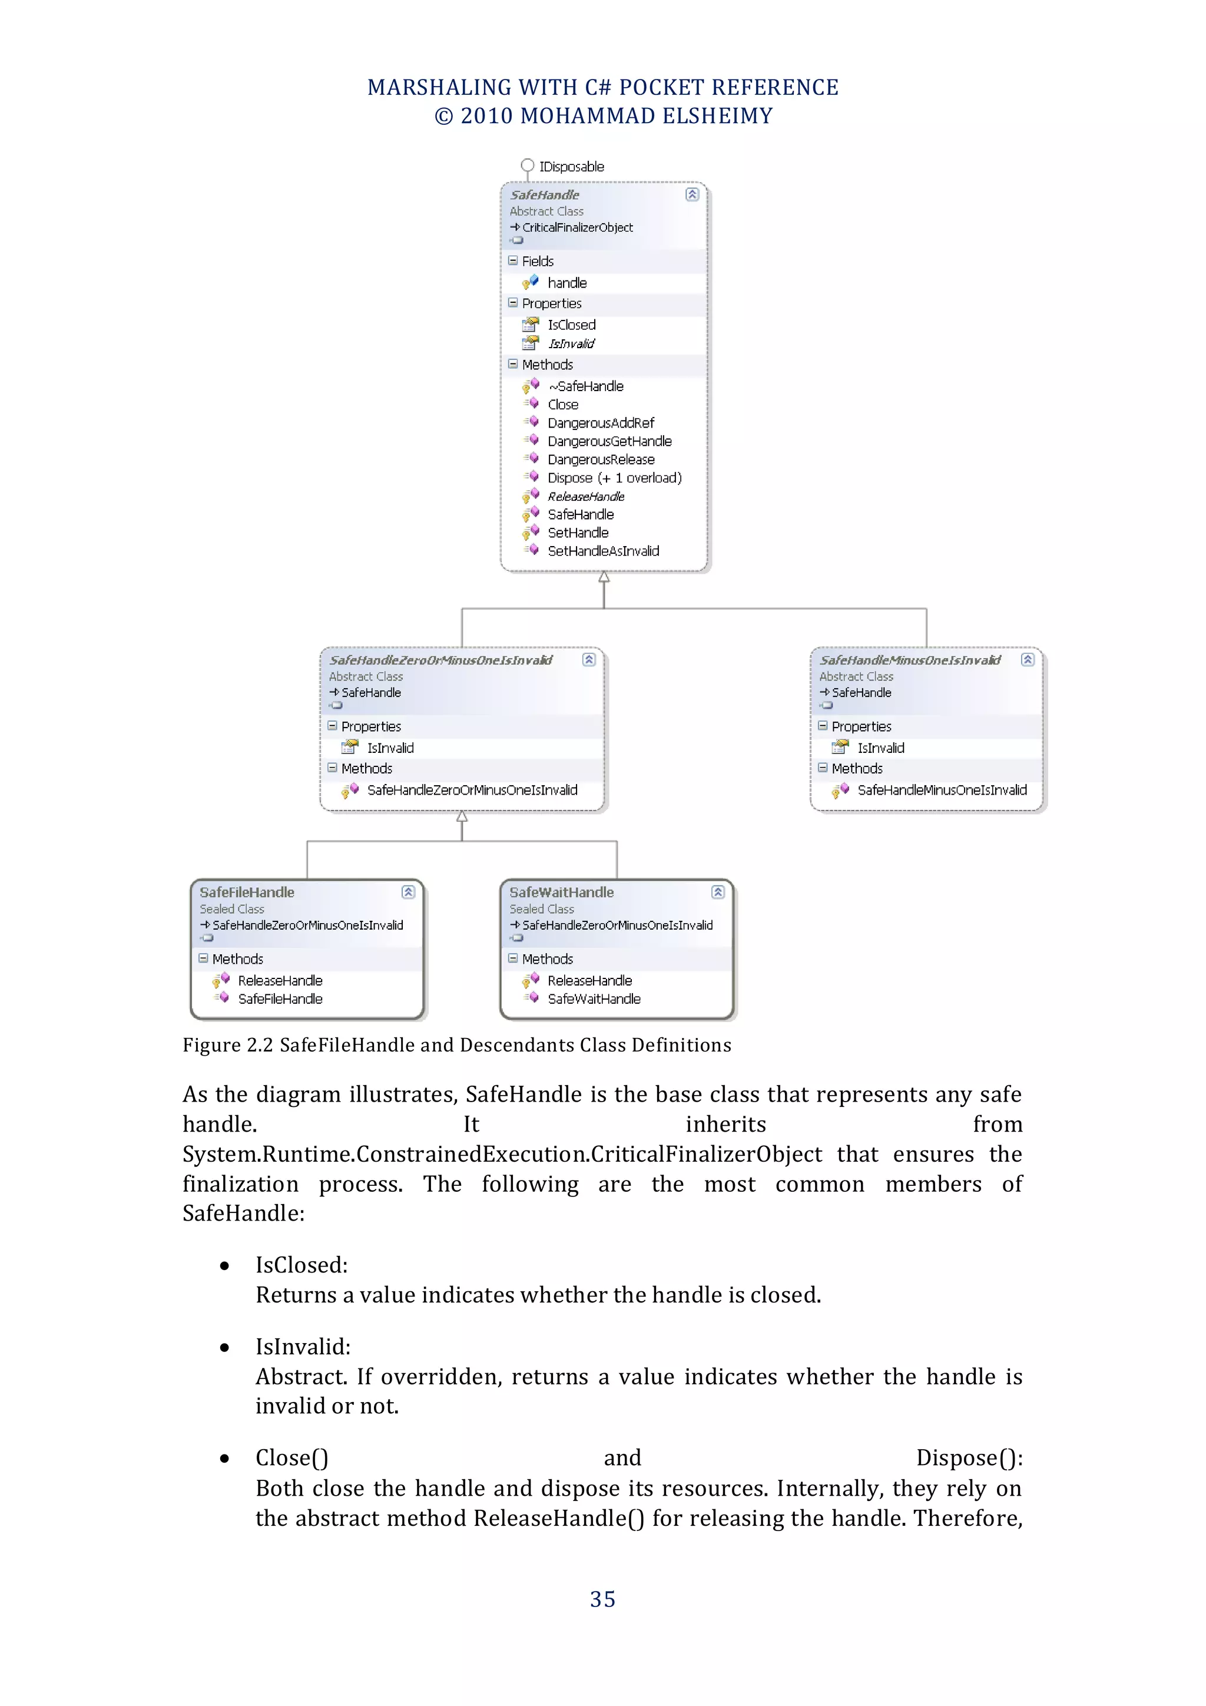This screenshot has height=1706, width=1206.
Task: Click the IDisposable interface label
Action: pyautogui.click(x=571, y=167)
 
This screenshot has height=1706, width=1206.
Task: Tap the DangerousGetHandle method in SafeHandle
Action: pyautogui.click(x=609, y=441)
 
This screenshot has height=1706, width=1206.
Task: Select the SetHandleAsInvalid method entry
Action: pyautogui.click(x=603, y=551)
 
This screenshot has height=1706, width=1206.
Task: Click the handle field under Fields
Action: pyautogui.click(x=566, y=283)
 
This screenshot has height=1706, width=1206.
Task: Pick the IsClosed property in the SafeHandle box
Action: pyautogui.click(x=571, y=325)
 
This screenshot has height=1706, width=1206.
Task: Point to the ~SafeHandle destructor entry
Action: pyautogui.click(x=586, y=386)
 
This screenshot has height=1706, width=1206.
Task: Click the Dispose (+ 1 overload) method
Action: pyautogui.click(x=614, y=478)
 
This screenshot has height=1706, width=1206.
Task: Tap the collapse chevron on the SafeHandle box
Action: pyautogui.click(x=692, y=194)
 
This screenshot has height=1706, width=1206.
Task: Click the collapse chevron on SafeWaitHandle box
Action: pyautogui.click(x=717, y=892)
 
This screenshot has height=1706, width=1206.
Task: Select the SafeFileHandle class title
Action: pyautogui.click(x=247, y=892)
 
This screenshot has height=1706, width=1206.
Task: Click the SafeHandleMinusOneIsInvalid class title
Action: pyautogui.click(x=910, y=660)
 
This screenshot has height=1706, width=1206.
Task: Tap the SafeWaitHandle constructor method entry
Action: pyautogui.click(x=594, y=999)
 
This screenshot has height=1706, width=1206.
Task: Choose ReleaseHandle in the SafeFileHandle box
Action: pyautogui.click(x=280, y=981)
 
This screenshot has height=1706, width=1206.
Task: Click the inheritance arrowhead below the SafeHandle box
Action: pyautogui.click(x=604, y=577)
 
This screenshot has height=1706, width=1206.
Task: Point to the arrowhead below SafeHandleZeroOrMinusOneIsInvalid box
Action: pyautogui.click(x=462, y=817)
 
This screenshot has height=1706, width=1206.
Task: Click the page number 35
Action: pyautogui.click(x=602, y=1599)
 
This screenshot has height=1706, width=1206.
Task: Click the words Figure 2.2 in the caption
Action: pyautogui.click(x=228, y=1046)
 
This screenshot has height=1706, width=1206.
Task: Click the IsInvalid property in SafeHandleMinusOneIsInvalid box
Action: pyautogui.click(x=881, y=748)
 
